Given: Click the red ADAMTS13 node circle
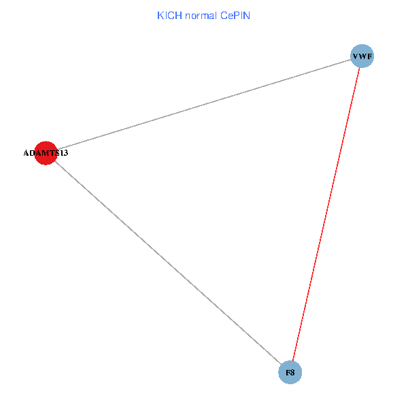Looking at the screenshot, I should coord(45,153).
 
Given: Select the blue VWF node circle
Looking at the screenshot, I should coord(362,56).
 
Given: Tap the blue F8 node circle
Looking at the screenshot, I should coord(290,373).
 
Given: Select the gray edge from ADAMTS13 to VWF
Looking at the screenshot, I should coord(204,105).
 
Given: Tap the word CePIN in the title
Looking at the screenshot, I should coord(235,15).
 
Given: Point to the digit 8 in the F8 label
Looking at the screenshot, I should coord(292,373).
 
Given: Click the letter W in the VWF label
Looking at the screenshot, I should coord(362,56).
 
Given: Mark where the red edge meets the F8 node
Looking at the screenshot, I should coord(293,361).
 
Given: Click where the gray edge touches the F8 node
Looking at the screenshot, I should coord(282,364).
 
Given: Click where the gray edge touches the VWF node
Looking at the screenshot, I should coord(350,60).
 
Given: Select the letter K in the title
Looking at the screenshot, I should coord(160,15).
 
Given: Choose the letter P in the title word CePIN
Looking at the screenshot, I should coord(236,15).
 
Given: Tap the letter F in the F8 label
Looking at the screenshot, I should coord(288,373).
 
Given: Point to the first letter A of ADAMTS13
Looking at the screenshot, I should coord(26,154).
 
